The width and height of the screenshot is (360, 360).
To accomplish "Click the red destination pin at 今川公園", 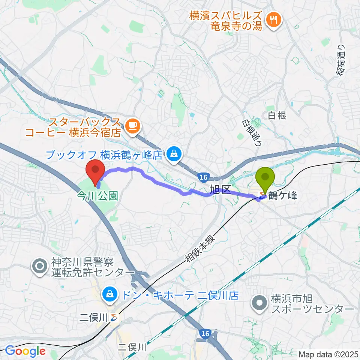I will tap(95, 171).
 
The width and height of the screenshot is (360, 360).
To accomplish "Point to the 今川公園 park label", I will tap(97, 195).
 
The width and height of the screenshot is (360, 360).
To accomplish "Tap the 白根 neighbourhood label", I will tap(277, 115).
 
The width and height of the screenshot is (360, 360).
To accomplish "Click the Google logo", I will tap(25, 351).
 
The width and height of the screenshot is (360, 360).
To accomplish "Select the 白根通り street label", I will tap(250, 133).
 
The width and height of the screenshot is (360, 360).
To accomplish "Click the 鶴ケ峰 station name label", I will tap(284, 196).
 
